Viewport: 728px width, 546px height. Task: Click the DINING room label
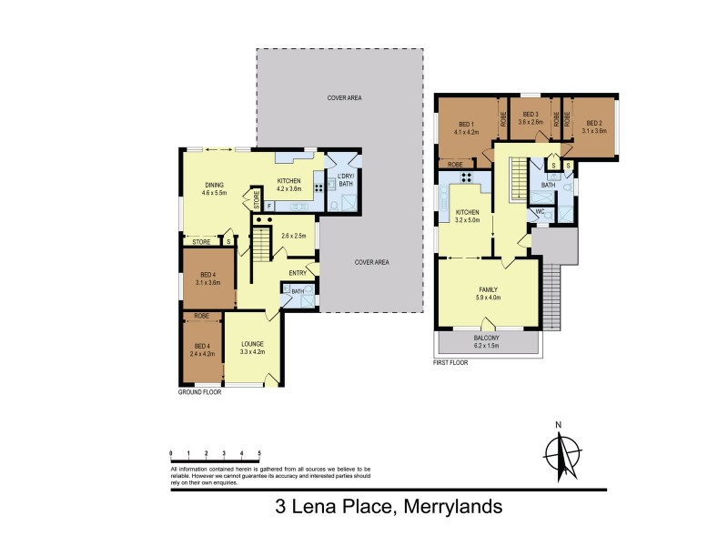click(216, 185)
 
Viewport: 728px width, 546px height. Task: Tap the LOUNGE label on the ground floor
click(252, 344)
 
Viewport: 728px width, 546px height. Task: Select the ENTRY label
click(298, 272)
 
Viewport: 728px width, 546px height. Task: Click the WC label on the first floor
click(540, 211)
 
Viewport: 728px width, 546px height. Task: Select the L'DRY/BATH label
click(344, 178)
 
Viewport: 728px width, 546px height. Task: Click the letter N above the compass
click(561, 425)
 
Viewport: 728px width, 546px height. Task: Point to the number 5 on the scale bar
click(259, 452)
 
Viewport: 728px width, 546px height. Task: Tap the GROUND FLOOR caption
click(200, 392)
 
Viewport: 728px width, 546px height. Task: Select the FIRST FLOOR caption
click(454, 363)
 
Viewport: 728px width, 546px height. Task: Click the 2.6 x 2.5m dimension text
click(295, 237)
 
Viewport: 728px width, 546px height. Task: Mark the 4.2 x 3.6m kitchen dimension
click(288, 188)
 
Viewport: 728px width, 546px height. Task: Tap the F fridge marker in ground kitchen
click(269, 207)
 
